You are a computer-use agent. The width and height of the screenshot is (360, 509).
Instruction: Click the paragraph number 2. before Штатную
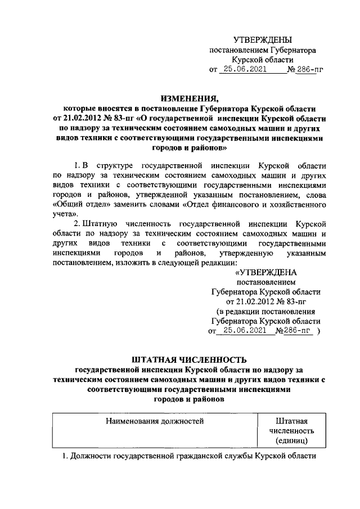click(x=78, y=224)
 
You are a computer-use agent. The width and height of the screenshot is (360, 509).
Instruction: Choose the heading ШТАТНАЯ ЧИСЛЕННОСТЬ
click(x=188, y=359)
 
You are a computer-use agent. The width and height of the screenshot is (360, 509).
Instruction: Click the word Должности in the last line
click(x=91, y=457)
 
